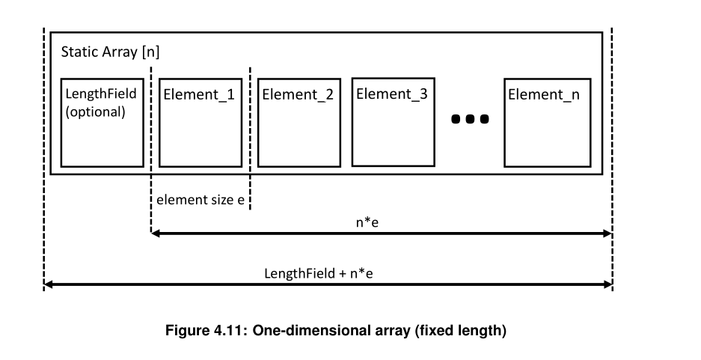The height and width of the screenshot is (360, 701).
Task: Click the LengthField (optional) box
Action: pyautogui.click(x=102, y=122)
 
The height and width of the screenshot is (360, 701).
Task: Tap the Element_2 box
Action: pyautogui.click(x=299, y=122)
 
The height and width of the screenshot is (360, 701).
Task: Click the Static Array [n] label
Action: pyautogui.click(x=110, y=53)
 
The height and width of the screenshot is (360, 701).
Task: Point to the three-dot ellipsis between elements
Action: pyautogui.click(x=470, y=118)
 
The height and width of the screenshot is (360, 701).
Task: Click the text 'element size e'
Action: pyautogui.click(x=200, y=200)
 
